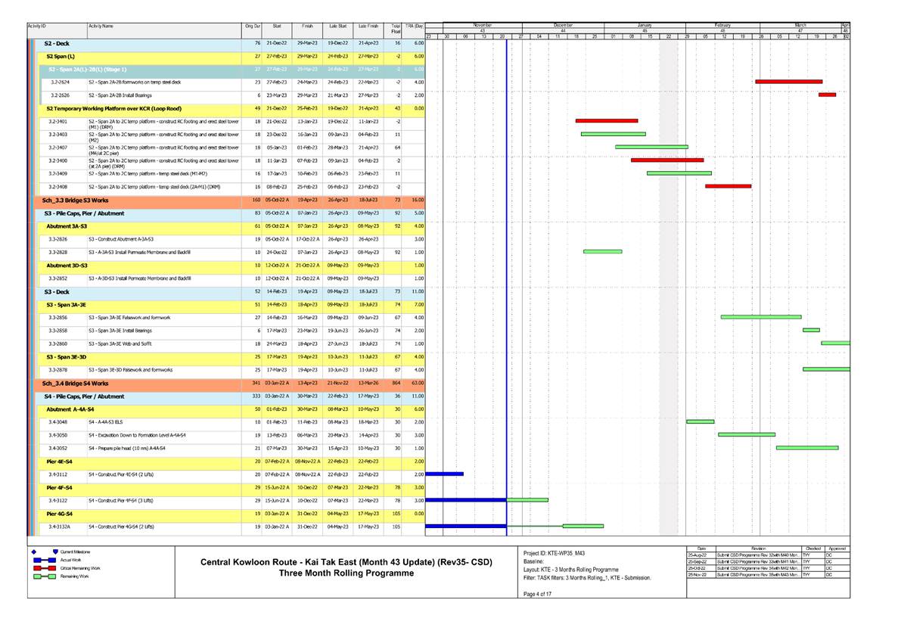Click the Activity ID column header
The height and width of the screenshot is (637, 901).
pyautogui.click(x=36, y=26)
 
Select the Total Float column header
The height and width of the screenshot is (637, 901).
pyautogui.click(x=395, y=29)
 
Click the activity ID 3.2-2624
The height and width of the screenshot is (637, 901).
pyautogui.click(x=60, y=81)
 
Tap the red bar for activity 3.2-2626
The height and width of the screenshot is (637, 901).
pyautogui.click(x=827, y=95)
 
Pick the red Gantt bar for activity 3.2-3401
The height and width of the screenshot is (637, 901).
pyautogui.click(x=607, y=121)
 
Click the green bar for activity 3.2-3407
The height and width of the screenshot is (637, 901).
pyautogui.click(x=651, y=147)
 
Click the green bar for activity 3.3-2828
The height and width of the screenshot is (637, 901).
pyautogui.click(x=602, y=251)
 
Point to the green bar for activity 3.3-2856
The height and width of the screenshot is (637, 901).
pyautogui.click(x=761, y=317)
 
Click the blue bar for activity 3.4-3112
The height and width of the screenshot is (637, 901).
pyautogui.click(x=445, y=474)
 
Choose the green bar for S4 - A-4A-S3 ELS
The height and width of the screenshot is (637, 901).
pyautogui.click(x=700, y=421)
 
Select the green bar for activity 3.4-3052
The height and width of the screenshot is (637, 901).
pyautogui.click(x=807, y=448)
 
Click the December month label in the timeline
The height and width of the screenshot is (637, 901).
pyautogui.click(x=563, y=25)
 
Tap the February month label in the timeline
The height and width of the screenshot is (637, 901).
pyautogui.click(x=722, y=25)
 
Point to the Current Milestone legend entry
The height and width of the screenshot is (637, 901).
pyautogui.click(x=76, y=552)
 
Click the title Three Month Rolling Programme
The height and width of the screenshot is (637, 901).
pyautogui.click(x=346, y=573)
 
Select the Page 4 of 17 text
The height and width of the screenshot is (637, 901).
pyautogui.click(x=539, y=593)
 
